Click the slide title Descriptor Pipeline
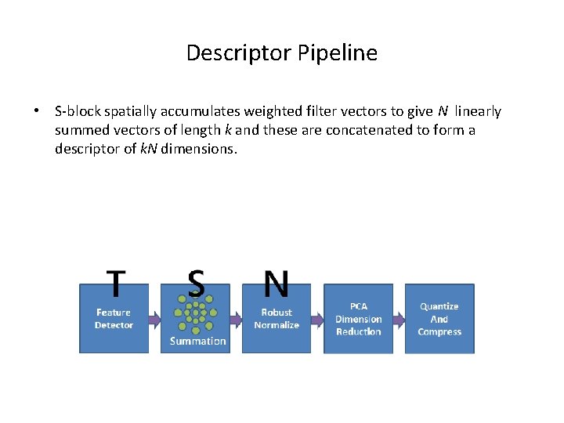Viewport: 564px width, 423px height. click(x=282, y=53)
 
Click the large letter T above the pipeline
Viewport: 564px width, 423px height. click(x=116, y=284)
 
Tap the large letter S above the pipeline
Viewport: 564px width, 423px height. click(x=196, y=284)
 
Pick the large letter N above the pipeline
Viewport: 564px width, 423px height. click(x=276, y=284)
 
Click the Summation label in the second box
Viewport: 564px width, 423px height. click(x=197, y=342)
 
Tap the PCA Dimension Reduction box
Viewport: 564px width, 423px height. click(x=358, y=319)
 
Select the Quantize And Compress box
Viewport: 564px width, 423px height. click(x=439, y=319)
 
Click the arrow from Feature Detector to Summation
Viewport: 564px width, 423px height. click(x=154, y=319)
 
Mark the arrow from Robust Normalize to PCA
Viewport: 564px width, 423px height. click(x=317, y=319)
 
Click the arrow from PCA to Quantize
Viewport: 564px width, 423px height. click(x=399, y=319)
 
